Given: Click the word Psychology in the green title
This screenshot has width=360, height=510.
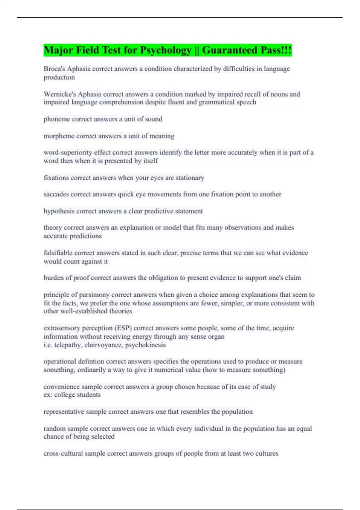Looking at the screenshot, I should tap(166, 50).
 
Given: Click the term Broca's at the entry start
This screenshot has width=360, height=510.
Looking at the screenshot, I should tap(54, 69).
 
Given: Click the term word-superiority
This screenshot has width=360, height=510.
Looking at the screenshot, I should tap(67, 152).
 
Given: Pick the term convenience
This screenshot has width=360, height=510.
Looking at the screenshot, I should tap(61, 387).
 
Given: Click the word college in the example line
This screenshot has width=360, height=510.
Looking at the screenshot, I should tap(65, 395).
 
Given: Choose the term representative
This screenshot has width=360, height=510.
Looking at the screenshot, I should tap(64, 412).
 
